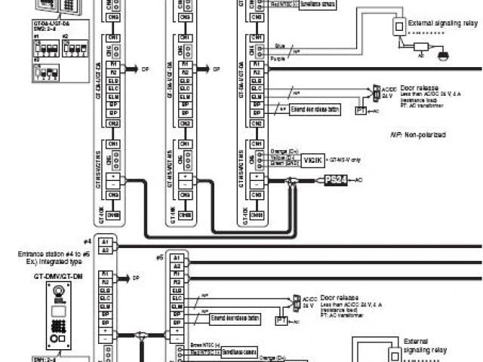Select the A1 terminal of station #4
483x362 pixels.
106,241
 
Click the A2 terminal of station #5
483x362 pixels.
176,266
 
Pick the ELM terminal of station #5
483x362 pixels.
176,307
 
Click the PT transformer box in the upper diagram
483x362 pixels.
361,111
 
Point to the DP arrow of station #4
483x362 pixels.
130,278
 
